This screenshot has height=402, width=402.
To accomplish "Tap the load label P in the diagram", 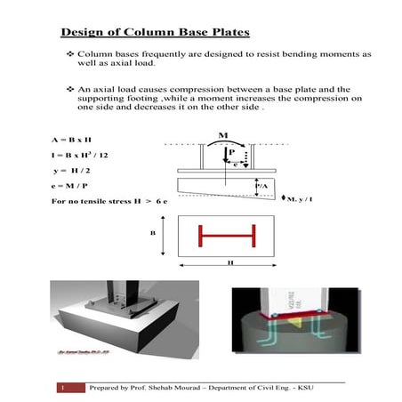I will coord(231,152).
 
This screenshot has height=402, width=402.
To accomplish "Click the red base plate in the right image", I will coord(298,314).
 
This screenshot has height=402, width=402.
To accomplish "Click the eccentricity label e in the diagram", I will coord(234,164).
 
